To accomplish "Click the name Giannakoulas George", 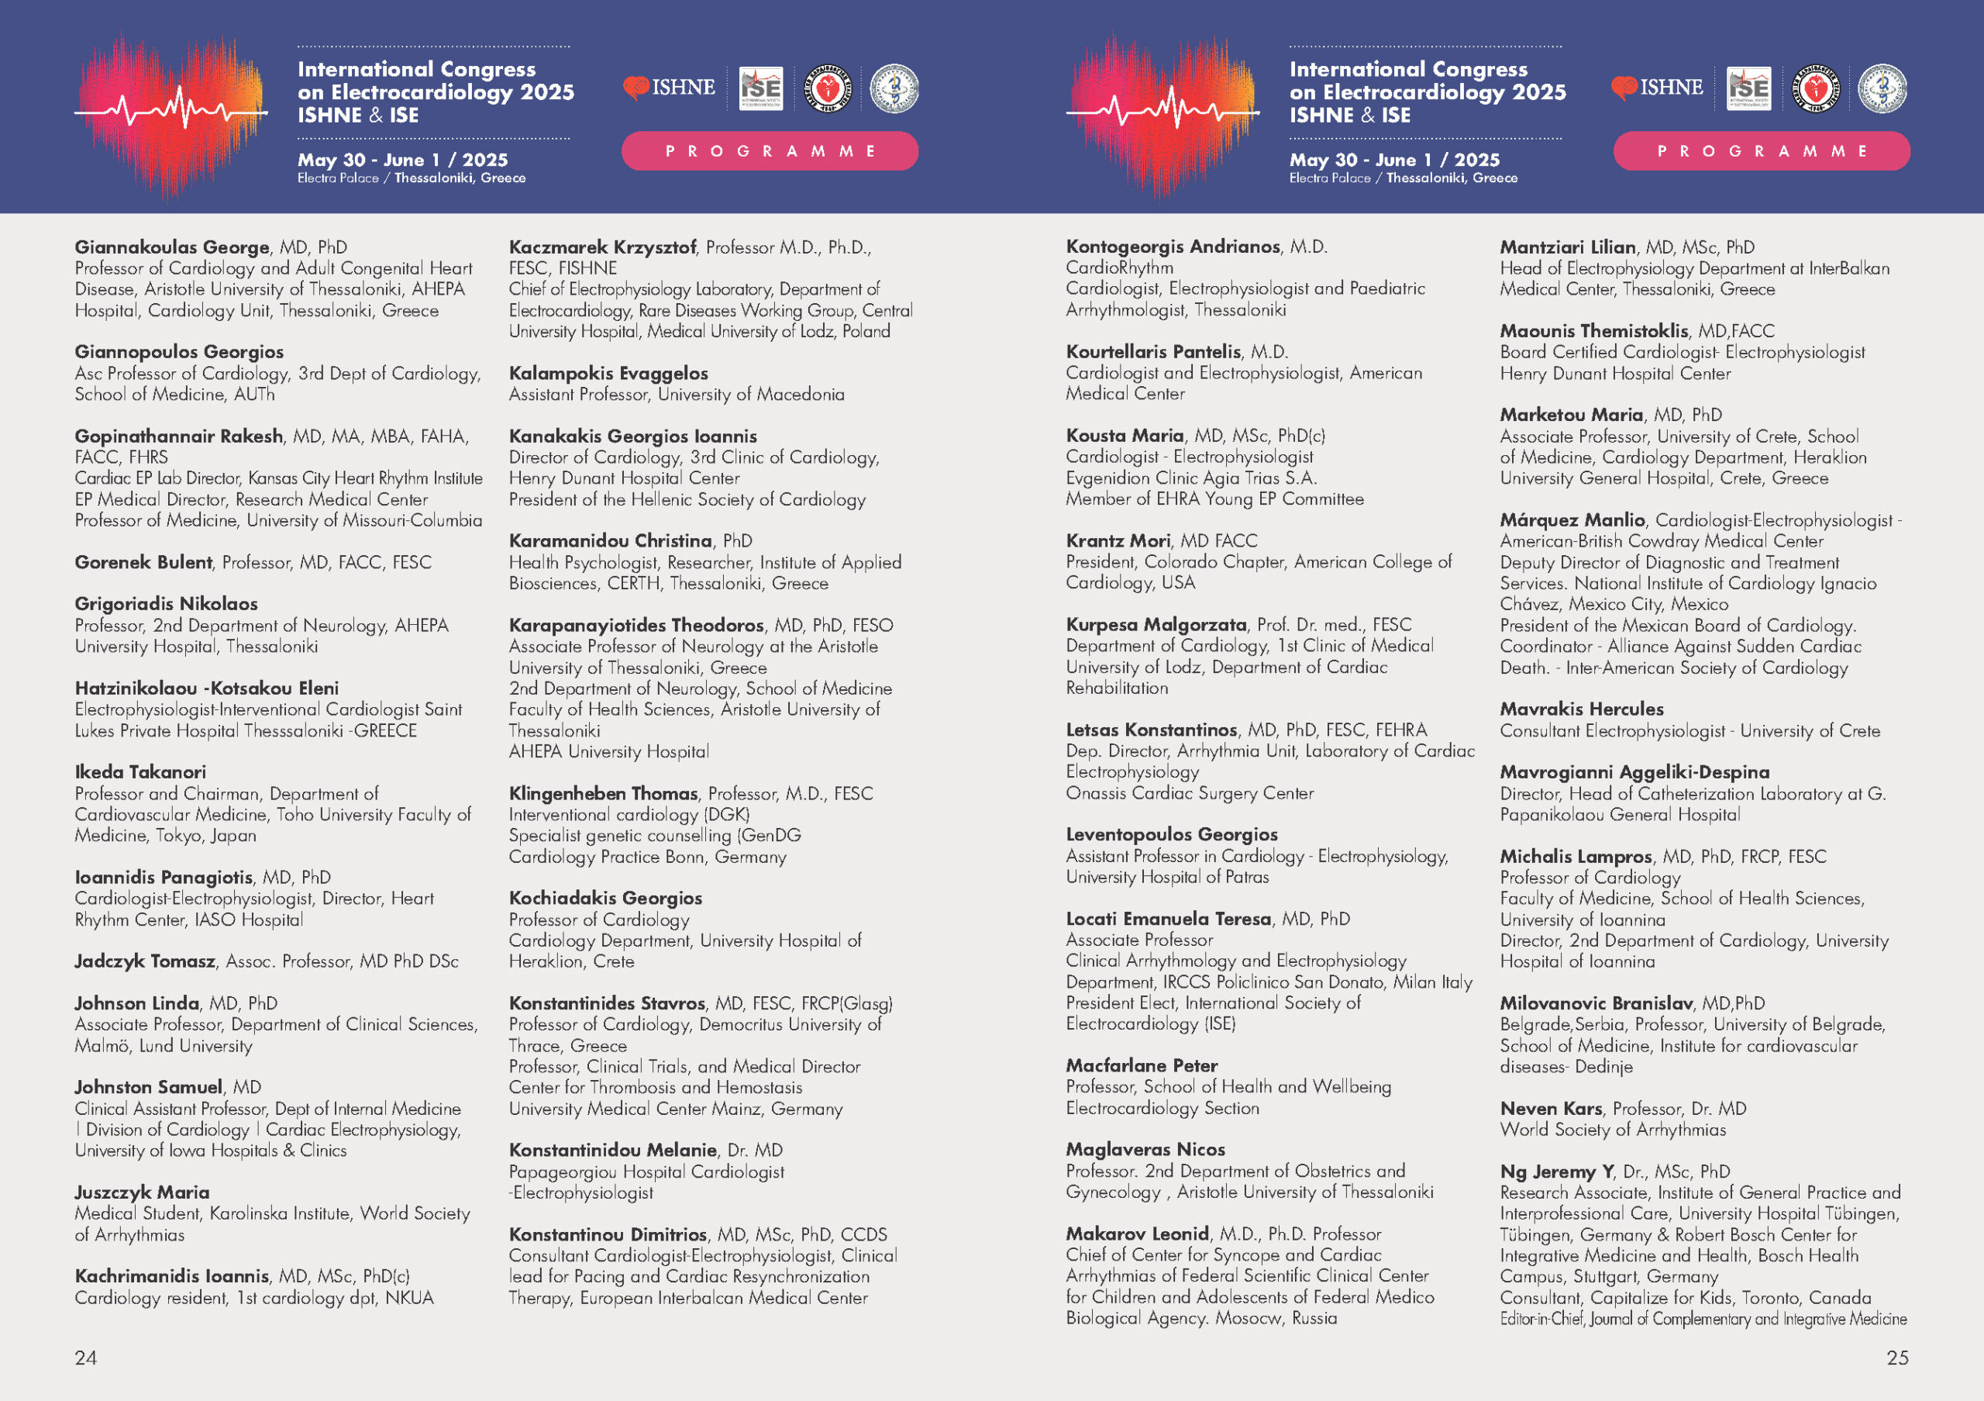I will click(172, 247).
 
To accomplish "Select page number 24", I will click(85, 1358).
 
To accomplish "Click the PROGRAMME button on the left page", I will click(769, 151).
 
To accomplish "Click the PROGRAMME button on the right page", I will click(1761, 151).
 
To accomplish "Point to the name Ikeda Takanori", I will click(140, 771).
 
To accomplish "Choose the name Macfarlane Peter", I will click(1142, 1065).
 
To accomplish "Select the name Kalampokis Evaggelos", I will click(608, 374).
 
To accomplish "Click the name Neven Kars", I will click(1551, 1108).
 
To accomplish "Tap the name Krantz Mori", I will click(1118, 541).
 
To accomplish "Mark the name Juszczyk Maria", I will click(142, 1192).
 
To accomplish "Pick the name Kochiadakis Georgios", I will click(604, 898).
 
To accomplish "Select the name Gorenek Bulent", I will click(143, 563).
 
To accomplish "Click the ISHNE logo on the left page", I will click(670, 88).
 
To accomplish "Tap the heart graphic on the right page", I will click(1162, 112).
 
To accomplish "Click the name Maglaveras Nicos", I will click(1145, 1150).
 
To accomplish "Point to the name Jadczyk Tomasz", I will click(144, 961).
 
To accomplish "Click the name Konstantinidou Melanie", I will click(613, 1151).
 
